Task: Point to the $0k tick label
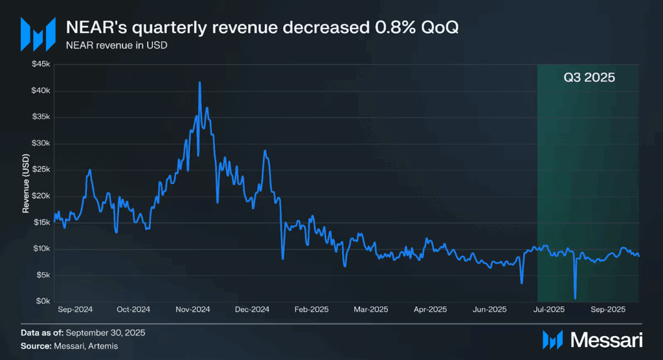[43, 301]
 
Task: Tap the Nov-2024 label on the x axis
[192, 309]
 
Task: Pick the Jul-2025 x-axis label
[548, 309]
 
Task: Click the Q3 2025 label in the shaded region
[588, 76]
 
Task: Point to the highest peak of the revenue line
[199, 82]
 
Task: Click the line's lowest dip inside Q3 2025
[575, 298]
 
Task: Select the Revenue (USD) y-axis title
[26, 183]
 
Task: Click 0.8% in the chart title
[391, 29]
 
